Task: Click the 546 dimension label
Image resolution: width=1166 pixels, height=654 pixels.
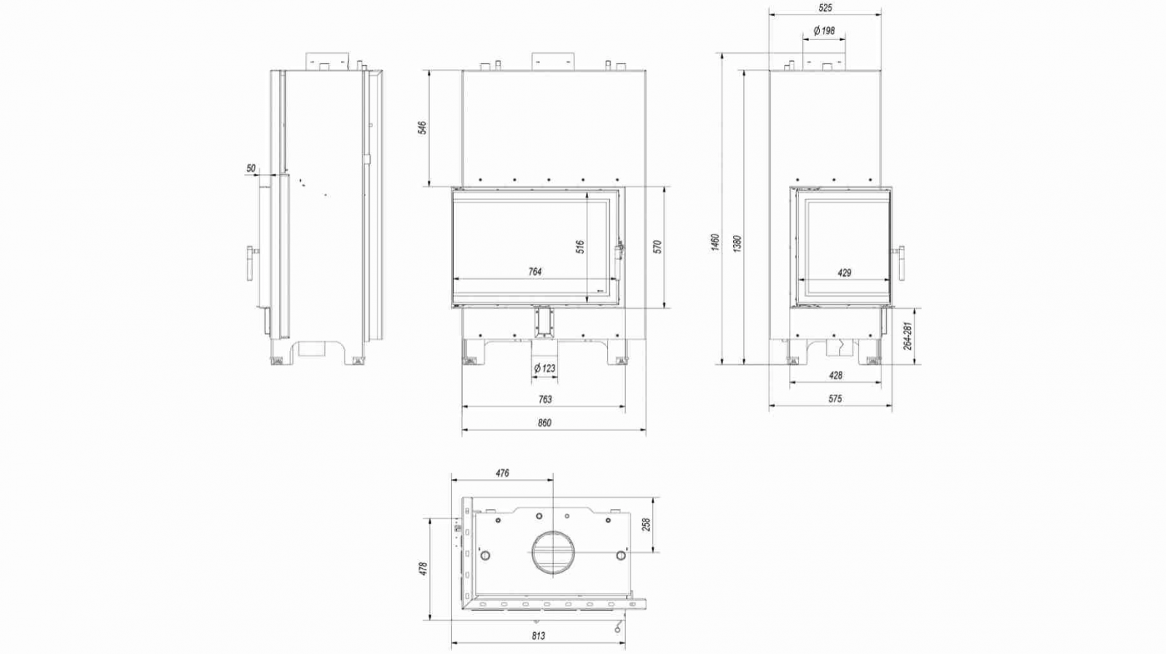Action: (422, 128)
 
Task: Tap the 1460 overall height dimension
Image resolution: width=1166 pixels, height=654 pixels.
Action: (715, 243)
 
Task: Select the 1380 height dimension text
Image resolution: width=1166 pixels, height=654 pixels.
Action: (737, 243)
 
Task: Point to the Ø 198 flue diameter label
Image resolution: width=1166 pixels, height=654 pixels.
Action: (824, 31)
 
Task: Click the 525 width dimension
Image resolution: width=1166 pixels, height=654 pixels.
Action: (825, 8)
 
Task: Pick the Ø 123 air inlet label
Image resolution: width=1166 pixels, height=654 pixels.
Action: (544, 369)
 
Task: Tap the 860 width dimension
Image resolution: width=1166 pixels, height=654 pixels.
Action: (544, 422)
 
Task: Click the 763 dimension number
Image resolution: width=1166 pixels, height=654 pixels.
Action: (544, 399)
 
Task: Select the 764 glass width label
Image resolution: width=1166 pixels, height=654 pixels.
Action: (535, 272)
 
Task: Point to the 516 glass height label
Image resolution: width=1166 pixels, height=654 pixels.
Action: (581, 247)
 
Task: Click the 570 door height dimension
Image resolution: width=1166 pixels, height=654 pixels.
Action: (657, 246)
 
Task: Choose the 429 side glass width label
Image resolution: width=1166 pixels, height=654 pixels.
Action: (844, 273)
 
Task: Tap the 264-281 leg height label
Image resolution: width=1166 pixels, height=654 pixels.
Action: (907, 336)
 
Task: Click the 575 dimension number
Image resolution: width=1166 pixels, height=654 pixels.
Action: (835, 399)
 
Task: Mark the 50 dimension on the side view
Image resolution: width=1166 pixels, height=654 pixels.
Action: (251, 168)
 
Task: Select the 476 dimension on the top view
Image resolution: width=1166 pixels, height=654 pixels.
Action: (502, 473)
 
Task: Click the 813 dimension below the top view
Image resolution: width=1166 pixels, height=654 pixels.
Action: (538, 636)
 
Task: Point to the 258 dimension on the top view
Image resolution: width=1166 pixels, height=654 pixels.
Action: (645, 524)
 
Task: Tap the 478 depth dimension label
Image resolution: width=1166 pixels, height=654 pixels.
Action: (423, 568)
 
